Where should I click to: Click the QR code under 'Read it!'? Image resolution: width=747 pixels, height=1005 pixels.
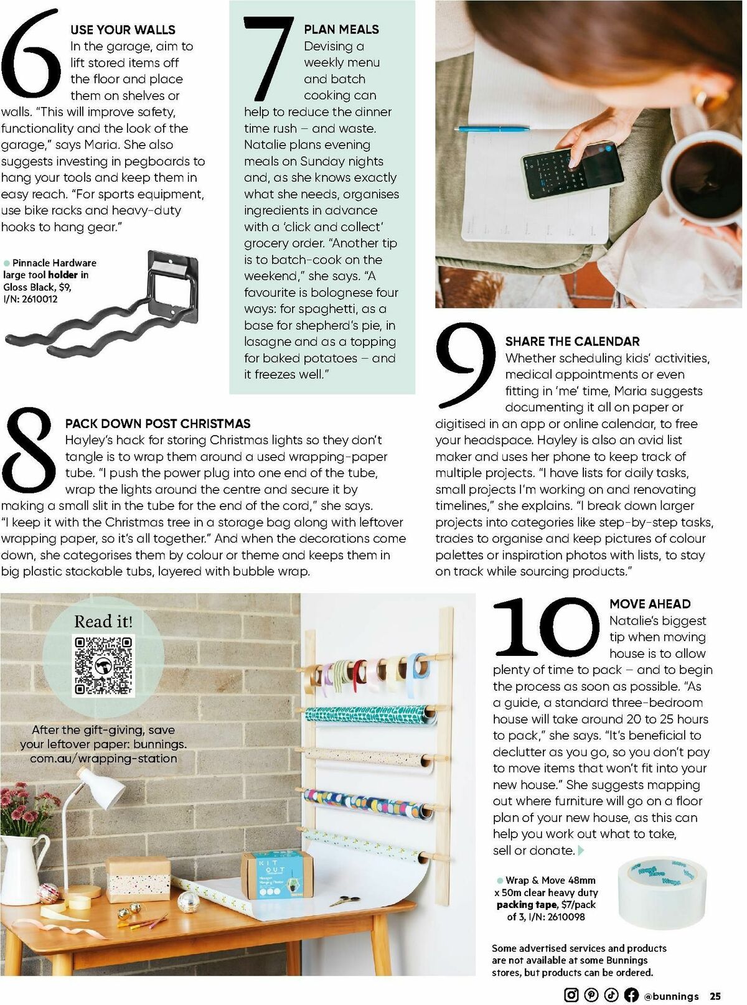[103, 665]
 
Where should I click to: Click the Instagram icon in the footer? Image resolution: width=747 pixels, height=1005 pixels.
[571, 994]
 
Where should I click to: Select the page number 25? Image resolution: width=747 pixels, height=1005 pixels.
[715, 996]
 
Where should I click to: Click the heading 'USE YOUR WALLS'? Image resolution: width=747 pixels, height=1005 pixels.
[123, 29]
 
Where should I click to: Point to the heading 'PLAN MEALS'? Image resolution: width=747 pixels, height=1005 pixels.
[341, 29]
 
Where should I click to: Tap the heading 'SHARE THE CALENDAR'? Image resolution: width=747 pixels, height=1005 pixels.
[572, 341]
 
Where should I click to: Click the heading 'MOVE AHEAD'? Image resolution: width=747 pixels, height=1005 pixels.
[650, 604]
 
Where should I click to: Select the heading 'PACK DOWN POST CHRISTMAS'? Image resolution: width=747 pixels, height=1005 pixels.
[157, 424]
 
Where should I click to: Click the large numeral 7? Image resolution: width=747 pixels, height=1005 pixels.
[268, 59]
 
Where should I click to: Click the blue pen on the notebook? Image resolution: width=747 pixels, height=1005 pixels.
[492, 129]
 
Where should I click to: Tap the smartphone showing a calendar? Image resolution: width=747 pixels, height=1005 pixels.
[572, 170]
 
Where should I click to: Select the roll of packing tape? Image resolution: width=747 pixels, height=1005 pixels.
[662, 892]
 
